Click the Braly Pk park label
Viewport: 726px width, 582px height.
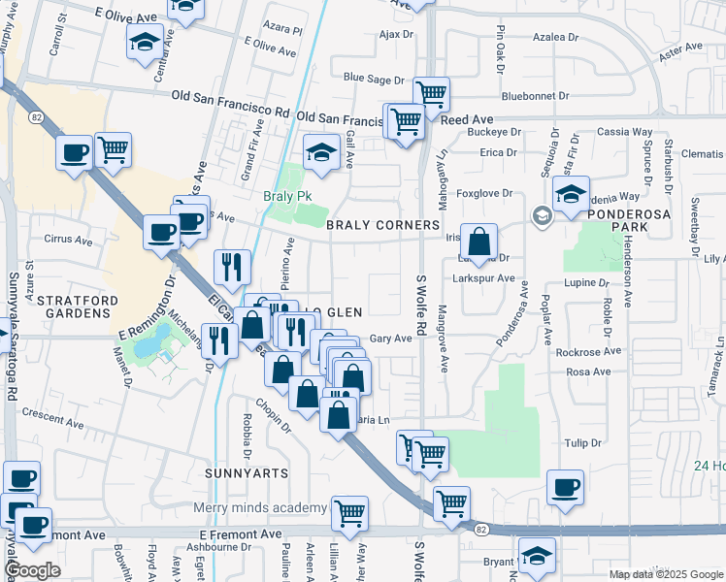click(x=287, y=196)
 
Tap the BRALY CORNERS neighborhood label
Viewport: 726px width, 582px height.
click(x=382, y=225)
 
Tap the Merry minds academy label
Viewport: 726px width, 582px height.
click(x=259, y=508)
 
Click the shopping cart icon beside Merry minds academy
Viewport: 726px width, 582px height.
click(x=349, y=513)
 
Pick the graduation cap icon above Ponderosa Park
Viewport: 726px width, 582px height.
click(x=572, y=193)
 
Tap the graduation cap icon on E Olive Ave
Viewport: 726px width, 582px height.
click(x=145, y=42)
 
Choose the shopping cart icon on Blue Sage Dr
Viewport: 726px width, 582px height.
click(x=431, y=94)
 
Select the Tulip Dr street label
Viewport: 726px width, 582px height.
click(x=583, y=442)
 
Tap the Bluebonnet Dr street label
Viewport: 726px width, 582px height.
click(x=540, y=96)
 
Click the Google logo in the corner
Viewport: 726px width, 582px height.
click(x=32, y=570)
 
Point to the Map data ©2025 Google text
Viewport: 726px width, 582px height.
click(x=664, y=574)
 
